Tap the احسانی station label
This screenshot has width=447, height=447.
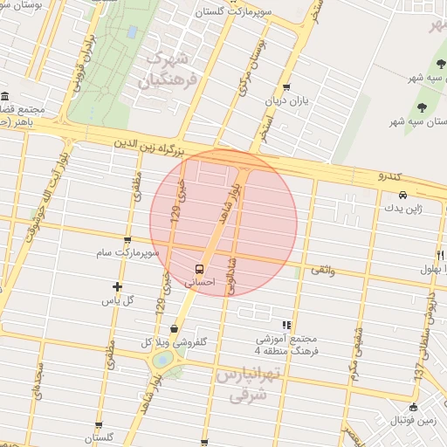point(200,283)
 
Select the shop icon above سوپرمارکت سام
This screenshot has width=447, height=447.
point(128,240)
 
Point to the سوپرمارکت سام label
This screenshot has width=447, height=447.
point(128,253)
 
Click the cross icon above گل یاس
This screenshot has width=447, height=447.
point(118,286)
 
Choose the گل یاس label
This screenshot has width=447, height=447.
point(118,300)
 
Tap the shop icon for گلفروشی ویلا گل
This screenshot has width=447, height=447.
point(175,329)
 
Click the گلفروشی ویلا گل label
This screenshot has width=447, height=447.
point(175,343)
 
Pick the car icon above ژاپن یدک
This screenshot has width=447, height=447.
point(402,195)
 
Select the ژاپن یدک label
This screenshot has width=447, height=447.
point(402,209)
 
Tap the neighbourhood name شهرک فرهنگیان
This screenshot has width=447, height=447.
point(168,69)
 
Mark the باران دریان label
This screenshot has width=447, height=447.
point(286,100)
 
